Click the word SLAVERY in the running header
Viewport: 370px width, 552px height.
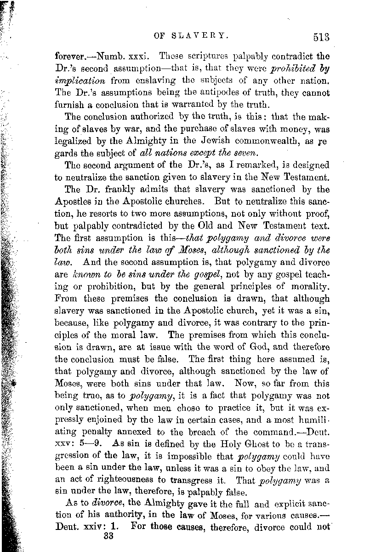point(203,34)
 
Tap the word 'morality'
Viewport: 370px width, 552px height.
point(311,286)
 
